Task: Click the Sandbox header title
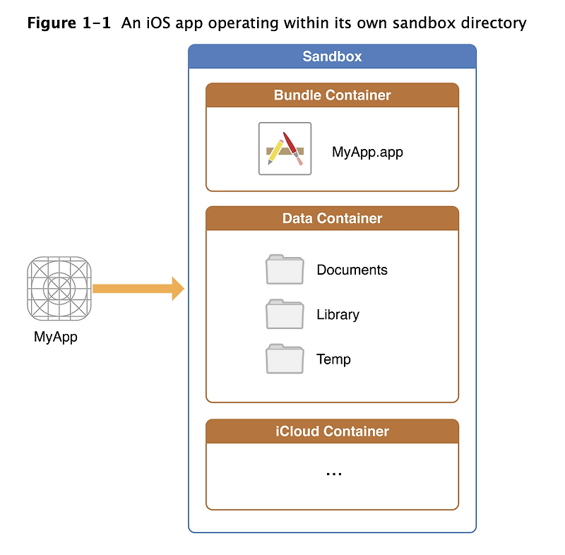(x=332, y=56)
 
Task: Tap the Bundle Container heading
(x=332, y=95)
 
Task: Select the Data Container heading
(x=332, y=218)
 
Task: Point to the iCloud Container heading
(x=332, y=431)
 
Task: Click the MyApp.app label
(x=367, y=152)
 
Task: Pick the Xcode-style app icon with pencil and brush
(x=285, y=148)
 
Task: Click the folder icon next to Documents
(x=285, y=270)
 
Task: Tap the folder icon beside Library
(x=285, y=314)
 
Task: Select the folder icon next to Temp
(x=285, y=359)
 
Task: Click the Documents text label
(x=352, y=270)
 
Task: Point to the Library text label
(x=338, y=315)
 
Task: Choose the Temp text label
(x=333, y=359)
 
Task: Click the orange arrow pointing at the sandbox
(x=138, y=289)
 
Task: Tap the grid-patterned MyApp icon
(x=59, y=289)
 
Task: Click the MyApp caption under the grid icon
(x=56, y=337)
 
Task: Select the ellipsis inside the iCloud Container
(x=333, y=474)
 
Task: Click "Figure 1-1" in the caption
(x=69, y=23)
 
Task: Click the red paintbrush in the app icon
(x=292, y=148)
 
